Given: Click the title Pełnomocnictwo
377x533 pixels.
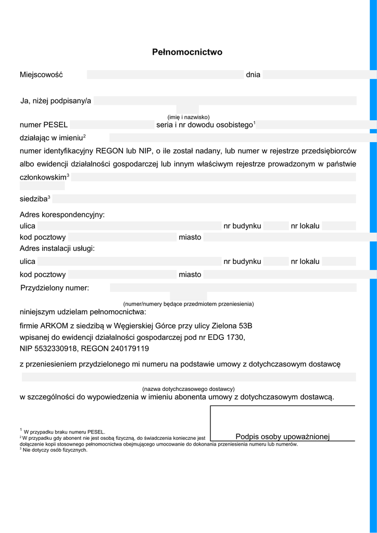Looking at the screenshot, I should click(187, 52).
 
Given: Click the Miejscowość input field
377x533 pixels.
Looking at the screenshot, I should click(165, 74).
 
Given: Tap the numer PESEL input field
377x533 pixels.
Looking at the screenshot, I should click(112, 125).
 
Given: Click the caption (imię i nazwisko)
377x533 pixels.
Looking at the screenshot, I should click(188, 117).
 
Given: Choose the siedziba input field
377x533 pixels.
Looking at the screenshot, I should click(204, 199).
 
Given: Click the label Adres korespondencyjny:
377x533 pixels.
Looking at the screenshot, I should click(62, 214).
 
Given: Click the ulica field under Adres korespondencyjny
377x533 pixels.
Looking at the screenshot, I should click(129, 226).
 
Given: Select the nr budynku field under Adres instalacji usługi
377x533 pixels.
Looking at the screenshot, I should click(275, 261).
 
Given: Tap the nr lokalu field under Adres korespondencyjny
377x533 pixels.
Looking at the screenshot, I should click(338, 226).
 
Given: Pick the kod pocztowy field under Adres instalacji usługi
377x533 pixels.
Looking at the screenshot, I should click(122, 274).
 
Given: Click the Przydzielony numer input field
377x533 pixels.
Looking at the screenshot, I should click(233, 288).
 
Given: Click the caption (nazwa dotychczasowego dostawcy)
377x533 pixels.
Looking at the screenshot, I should click(188, 389).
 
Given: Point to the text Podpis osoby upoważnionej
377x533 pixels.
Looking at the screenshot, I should click(282, 437).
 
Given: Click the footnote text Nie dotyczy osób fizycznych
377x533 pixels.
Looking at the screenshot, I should click(55, 450).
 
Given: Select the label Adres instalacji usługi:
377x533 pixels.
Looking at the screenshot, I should click(57, 249).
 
